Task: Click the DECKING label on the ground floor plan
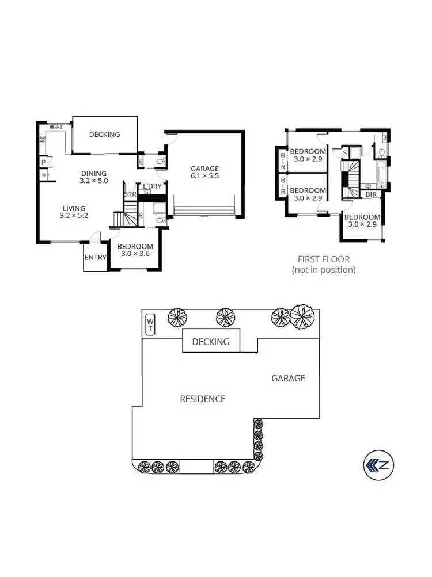pos(104,135)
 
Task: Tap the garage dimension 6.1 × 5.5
pos(205,176)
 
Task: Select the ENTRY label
pos(95,257)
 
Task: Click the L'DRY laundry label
pos(152,186)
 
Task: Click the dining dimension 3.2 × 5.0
pos(93,181)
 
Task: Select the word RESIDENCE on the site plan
pos(202,399)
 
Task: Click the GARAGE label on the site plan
pos(288,378)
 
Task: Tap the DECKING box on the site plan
pos(211,341)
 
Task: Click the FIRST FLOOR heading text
pos(323,259)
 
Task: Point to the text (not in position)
pos(323,269)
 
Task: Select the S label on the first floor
pos(344,153)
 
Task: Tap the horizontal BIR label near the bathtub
pos(372,194)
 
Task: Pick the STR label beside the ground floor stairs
pos(130,194)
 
